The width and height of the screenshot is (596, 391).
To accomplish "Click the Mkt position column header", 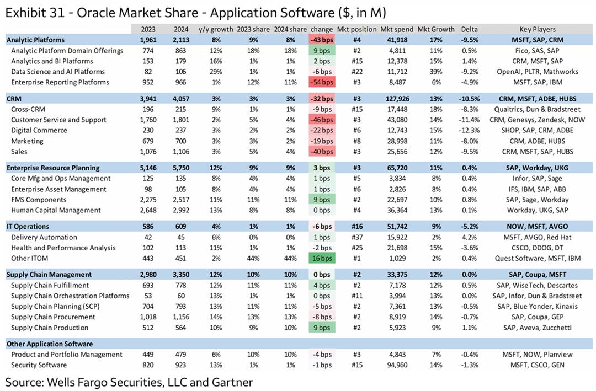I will coord(356,29).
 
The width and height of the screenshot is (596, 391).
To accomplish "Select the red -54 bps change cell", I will coord(322,82).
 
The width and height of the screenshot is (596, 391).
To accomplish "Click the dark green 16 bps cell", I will coord(322,258).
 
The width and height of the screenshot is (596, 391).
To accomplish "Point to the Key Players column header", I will coord(537,29).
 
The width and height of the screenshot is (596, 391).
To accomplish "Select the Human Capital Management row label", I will coord(56,210).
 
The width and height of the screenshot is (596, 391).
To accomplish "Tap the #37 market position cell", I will coord(356,237).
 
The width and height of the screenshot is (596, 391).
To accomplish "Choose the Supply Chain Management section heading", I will coord(49,274).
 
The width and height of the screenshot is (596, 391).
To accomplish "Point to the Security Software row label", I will coord(39,365).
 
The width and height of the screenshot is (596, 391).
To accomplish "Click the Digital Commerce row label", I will coord(39,131).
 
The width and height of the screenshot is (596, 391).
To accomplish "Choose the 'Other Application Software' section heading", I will coord(50,344).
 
